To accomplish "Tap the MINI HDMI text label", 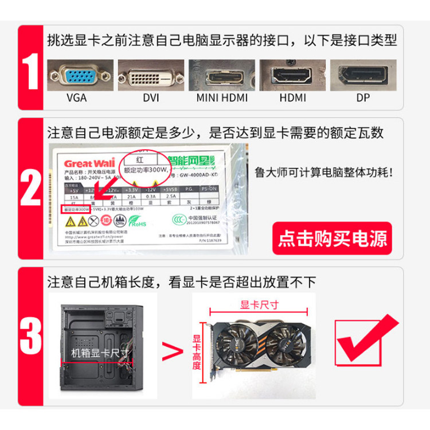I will pos(222,98).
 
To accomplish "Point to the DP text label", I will pos(363,98).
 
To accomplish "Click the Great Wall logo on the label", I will pos(81,162).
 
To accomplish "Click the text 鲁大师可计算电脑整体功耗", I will pos(325,171).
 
